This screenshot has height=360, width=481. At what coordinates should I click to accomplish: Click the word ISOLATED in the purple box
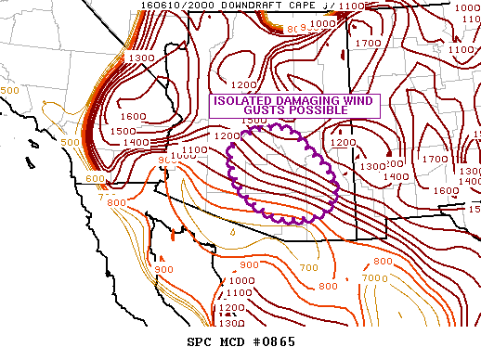(241, 101)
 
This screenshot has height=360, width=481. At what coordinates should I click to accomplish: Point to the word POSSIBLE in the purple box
(311, 110)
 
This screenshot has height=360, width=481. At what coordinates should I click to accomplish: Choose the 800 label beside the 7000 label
(383, 262)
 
